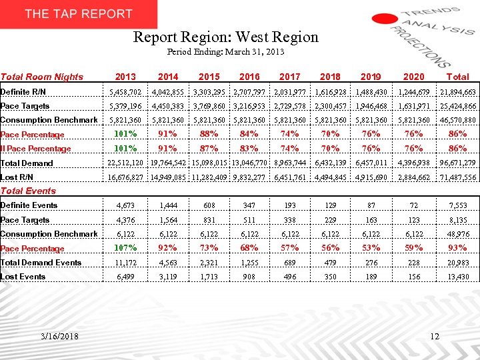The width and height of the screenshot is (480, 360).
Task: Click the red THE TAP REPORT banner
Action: tap(79, 14)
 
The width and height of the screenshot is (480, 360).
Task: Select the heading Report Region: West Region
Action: tap(226, 37)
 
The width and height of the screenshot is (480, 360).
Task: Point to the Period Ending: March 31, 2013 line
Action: tap(226, 51)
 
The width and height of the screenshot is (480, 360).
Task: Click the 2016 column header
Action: tap(249, 77)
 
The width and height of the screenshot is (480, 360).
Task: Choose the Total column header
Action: tap(457, 77)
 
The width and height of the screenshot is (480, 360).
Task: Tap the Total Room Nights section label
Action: tap(41, 77)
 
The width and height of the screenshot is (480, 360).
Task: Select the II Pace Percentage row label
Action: tap(35, 149)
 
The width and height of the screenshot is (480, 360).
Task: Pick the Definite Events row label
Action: tap(29, 205)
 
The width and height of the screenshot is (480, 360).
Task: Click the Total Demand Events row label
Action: tap(41, 263)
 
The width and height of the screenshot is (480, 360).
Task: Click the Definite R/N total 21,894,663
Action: tap(457, 92)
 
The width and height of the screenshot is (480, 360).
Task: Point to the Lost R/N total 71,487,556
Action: tap(457, 177)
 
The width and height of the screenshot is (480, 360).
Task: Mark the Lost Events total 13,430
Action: tap(457, 277)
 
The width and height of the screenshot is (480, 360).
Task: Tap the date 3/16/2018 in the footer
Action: tap(58, 336)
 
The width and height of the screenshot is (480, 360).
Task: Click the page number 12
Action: tap(435, 337)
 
